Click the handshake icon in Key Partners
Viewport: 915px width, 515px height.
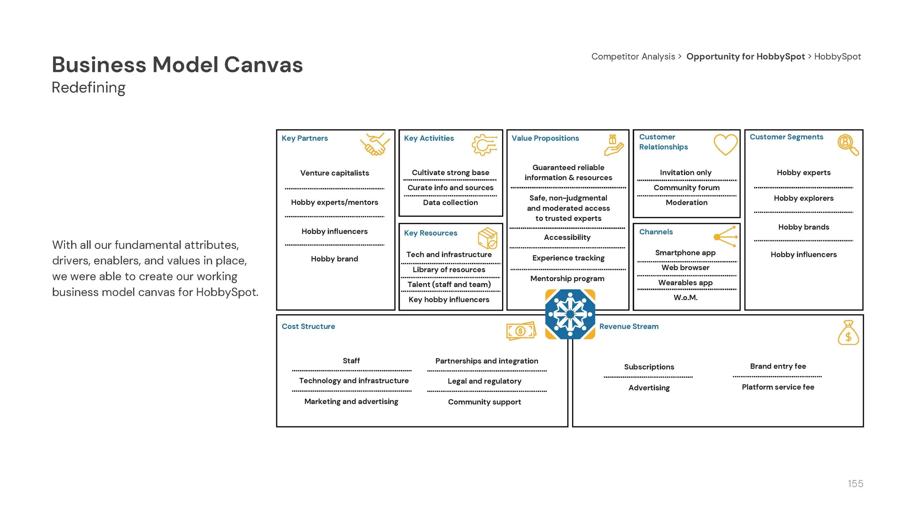(374, 144)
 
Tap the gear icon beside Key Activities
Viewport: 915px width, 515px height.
(484, 145)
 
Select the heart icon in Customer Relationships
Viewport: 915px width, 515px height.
(725, 144)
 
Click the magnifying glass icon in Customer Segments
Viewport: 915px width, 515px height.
(848, 145)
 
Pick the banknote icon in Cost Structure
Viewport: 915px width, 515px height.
(521, 331)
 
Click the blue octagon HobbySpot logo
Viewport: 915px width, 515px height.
(570, 314)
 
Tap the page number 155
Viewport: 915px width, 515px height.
(855, 483)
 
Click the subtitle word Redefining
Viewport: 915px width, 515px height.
(89, 88)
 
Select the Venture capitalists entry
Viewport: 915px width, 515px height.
(335, 173)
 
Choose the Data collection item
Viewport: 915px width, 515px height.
(450, 203)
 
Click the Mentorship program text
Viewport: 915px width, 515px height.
(567, 278)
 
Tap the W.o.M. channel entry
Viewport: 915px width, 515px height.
(686, 297)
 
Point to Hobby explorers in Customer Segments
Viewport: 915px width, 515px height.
(803, 198)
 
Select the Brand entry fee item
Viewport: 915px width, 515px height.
(778, 366)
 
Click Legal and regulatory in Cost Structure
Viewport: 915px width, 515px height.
(484, 381)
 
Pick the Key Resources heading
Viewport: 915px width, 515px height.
(430, 233)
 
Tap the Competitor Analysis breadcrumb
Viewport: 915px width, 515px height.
(633, 56)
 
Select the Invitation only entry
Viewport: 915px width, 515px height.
(686, 173)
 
